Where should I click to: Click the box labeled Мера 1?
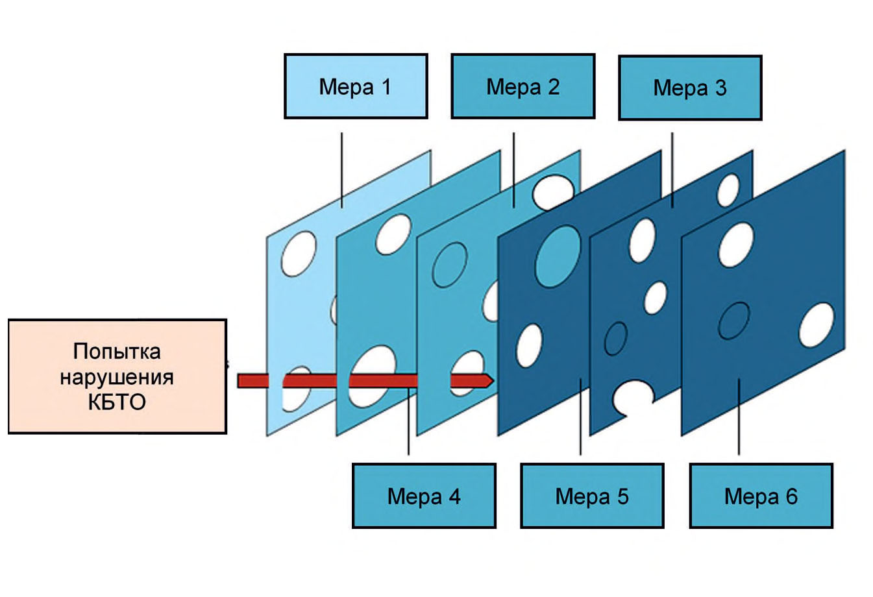(356, 86)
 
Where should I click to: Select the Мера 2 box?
(523, 86)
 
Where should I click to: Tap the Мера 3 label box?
(690, 88)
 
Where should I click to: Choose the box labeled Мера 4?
(424, 496)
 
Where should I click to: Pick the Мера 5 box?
(592, 496)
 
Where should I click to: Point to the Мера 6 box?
(761, 496)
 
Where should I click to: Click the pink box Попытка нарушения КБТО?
(117, 376)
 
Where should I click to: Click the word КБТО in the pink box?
(117, 402)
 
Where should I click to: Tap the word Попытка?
(117, 352)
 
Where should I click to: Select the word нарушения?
(117, 377)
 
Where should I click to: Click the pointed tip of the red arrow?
(493, 380)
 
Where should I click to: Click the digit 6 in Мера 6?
(792, 496)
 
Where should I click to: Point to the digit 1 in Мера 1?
(386, 86)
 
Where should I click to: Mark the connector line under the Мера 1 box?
(342, 170)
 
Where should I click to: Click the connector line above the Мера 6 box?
(739, 417)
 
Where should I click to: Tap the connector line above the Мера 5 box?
(580, 417)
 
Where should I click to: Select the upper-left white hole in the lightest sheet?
(299, 254)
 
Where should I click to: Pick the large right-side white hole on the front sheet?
(817, 325)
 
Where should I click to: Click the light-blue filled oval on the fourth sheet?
(558, 256)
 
